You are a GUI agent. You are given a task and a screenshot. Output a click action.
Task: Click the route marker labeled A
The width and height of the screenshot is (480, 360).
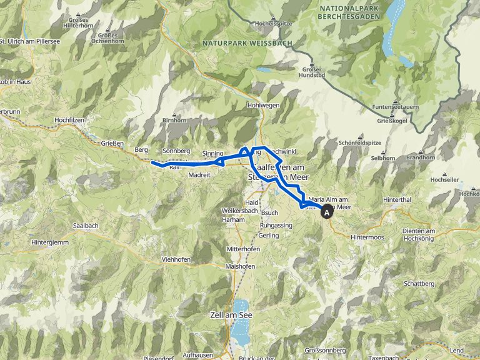327,212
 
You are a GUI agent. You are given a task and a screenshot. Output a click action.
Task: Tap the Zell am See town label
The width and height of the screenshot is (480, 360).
232,316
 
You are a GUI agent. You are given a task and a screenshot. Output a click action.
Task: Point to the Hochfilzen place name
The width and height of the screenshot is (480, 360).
74,119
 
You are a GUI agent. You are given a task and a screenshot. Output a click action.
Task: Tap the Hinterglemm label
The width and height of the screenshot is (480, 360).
49,242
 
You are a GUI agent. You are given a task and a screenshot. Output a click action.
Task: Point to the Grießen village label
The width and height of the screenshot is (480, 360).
113,143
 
